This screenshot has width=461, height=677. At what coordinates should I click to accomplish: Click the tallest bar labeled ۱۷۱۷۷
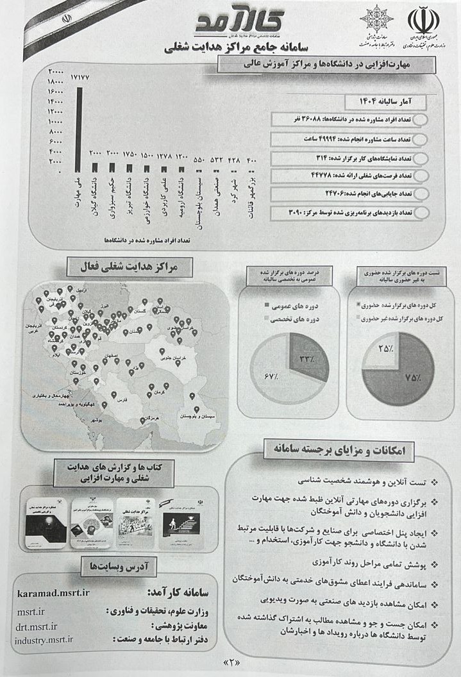tap(79, 128)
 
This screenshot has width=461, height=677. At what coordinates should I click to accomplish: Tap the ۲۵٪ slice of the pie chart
tap(389, 349)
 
